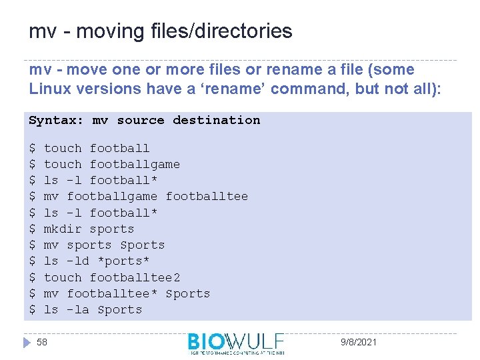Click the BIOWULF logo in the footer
[x=236, y=343]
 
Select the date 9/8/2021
[x=359, y=342]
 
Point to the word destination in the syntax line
[x=216, y=121]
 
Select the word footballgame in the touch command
[x=135, y=164]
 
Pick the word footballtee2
[x=135, y=277]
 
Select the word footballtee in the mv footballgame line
[x=207, y=196]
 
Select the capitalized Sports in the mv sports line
[x=142, y=245]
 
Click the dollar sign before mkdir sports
[x=32, y=229]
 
